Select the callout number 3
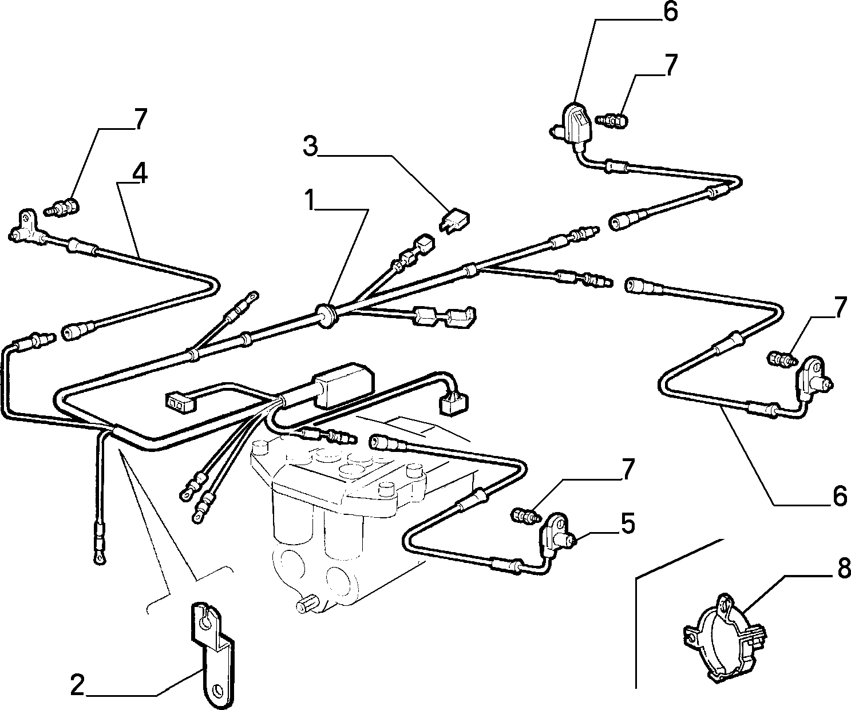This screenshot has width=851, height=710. point(311,146)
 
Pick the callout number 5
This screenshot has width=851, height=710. point(628,523)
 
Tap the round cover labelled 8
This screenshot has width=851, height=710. point(724,641)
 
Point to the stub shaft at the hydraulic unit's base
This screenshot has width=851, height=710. point(307,605)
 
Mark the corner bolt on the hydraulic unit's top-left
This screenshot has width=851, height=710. point(259,448)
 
